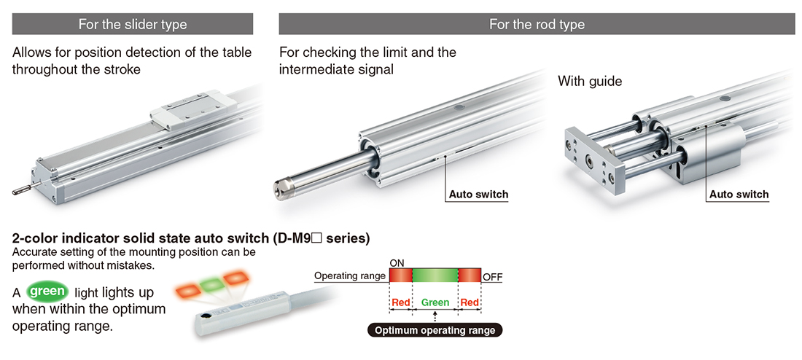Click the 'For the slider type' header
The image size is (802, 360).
pyautogui.click(x=133, y=24)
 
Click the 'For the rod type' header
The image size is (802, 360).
pyautogui.click(x=537, y=24)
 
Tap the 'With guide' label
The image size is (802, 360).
pyautogui.click(x=590, y=81)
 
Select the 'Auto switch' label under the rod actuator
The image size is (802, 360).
pyautogui.click(x=478, y=195)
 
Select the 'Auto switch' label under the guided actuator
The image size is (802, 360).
pyautogui.click(x=739, y=195)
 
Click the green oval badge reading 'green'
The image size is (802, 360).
pyautogui.click(x=48, y=291)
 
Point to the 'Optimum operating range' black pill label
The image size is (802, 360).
pyautogui.click(x=435, y=330)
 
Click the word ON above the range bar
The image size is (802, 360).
pyautogui.click(x=397, y=262)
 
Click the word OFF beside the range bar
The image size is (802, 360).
pyautogui.click(x=492, y=278)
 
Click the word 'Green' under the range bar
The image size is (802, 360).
pyautogui.click(x=435, y=302)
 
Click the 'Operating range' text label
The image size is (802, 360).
pyautogui.click(x=350, y=277)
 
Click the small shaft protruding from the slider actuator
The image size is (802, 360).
pyautogui.click(x=22, y=189)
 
